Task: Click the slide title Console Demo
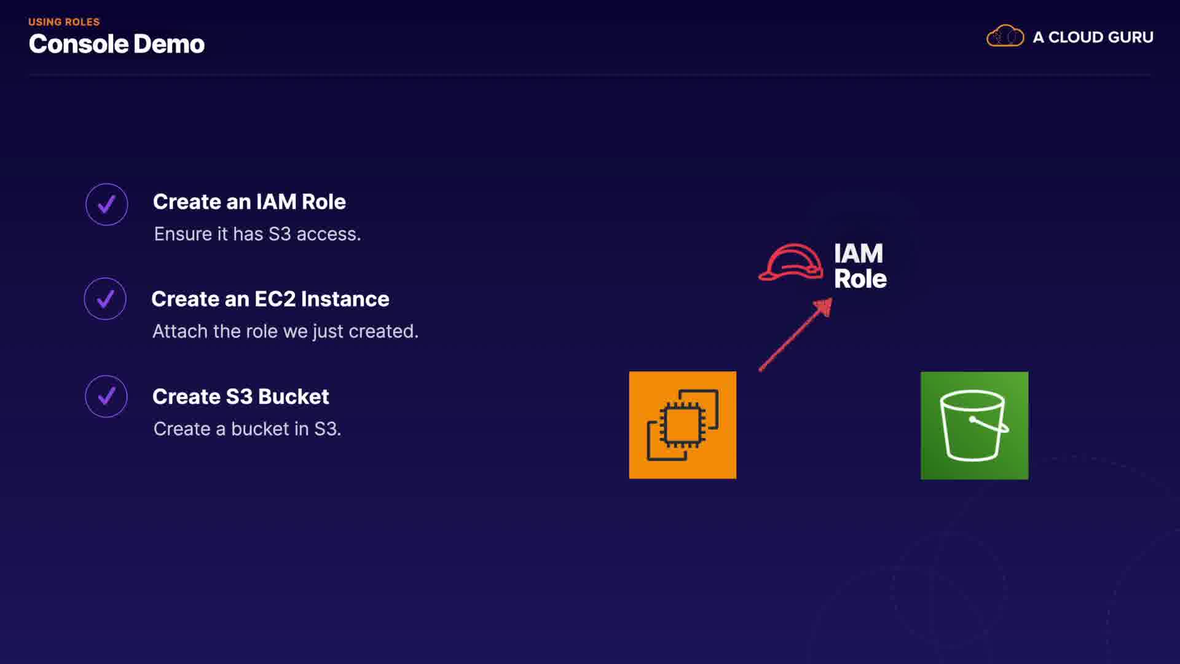click(116, 44)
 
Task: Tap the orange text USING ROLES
click(64, 22)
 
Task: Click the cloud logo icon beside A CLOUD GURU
click(1005, 36)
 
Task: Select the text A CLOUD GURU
click(1093, 38)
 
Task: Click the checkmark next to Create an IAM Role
click(107, 205)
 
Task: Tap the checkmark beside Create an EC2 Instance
click(105, 299)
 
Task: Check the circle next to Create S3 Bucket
click(106, 397)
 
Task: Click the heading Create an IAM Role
click(249, 202)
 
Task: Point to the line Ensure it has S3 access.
click(257, 234)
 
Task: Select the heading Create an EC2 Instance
click(270, 299)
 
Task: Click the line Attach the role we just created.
click(285, 331)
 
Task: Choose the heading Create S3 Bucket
click(240, 397)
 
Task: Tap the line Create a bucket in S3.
click(247, 429)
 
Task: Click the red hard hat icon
click(791, 263)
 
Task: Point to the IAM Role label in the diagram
click(860, 266)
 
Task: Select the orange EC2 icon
click(682, 425)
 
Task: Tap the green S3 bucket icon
click(974, 425)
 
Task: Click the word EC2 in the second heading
click(275, 299)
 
